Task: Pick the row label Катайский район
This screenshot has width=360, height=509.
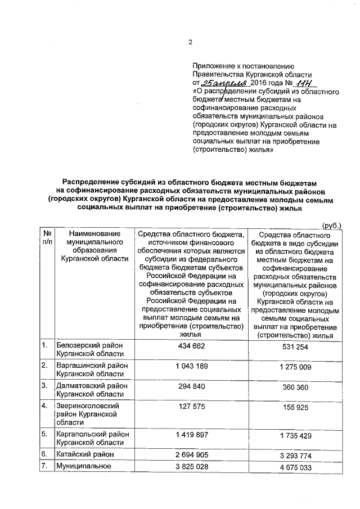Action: pos(83,454)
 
